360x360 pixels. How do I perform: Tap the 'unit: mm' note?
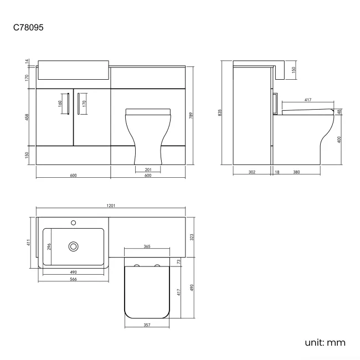tap(325, 342)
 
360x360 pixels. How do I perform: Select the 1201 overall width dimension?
tap(111, 205)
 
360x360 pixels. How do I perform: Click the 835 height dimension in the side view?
tap(220, 112)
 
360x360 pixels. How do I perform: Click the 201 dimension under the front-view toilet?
tap(148, 169)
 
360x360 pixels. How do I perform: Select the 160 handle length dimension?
tap(60, 102)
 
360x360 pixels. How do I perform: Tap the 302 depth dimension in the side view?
tap(251, 172)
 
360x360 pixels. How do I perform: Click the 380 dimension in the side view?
tap(296, 172)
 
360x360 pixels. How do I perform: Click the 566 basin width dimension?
tap(73, 279)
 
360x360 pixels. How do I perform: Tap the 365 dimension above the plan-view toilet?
tap(147, 246)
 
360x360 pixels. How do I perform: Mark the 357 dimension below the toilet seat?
tap(147, 326)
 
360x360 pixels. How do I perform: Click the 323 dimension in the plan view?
tap(191, 236)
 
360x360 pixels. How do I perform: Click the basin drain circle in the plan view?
tap(73, 246)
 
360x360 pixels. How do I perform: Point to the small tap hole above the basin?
tap(73, 223)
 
